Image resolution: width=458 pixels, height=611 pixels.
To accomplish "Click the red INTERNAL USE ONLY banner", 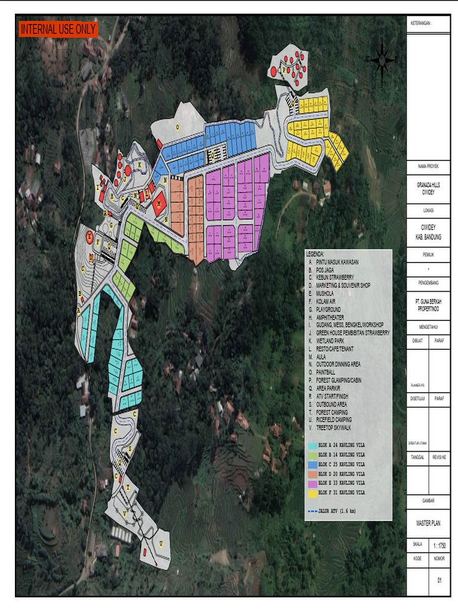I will (58, 29).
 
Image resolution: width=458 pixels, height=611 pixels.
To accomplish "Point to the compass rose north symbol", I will (381, 60).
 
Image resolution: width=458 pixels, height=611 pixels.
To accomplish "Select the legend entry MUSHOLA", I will (327, 294).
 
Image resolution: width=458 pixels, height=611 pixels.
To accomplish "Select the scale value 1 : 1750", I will (439, 545).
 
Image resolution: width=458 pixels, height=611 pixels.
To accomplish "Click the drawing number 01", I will (440, 579).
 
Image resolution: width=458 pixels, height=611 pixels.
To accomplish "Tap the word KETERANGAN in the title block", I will (421, 23).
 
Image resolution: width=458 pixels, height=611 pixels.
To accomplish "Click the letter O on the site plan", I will (177, 127).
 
